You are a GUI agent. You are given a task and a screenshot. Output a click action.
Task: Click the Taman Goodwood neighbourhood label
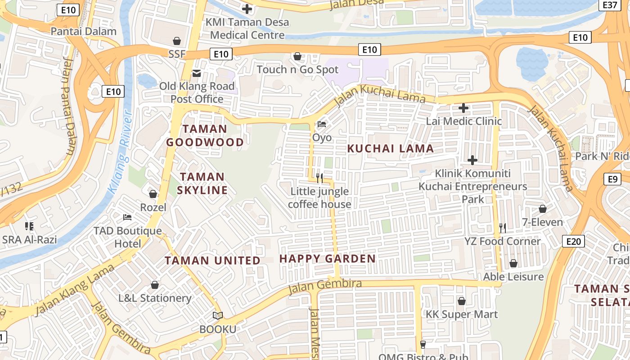[205, 136]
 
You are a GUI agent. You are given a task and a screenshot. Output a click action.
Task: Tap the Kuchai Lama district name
[391, 148]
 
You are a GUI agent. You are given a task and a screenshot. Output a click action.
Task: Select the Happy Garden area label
[328, 259]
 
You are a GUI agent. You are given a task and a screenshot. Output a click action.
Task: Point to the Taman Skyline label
[202, 183]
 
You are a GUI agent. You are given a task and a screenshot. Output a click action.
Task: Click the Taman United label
[212, 261]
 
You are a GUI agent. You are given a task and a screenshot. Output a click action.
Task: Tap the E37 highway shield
[610, 4]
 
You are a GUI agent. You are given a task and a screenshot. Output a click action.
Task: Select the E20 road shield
[573, 241]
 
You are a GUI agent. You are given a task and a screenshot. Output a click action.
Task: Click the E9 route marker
[613, 179]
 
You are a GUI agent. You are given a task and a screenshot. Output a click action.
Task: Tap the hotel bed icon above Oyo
[322, 124]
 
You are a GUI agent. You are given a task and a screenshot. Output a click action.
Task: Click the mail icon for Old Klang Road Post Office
[197, 73]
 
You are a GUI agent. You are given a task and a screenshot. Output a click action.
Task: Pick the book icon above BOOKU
[218, 316]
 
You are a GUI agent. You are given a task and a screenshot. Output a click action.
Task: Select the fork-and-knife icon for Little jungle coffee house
[319, 178]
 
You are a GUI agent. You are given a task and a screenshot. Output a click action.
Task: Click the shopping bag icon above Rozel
[153, 194]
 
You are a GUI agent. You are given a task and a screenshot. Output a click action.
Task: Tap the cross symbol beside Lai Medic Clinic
[463, 108]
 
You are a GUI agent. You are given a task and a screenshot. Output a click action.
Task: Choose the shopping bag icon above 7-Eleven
[543, 209]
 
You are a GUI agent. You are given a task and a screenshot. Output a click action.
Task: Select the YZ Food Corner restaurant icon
[503, 228]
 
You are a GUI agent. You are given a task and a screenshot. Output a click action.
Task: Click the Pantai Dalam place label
[83, 31]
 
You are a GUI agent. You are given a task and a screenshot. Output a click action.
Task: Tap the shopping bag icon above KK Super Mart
[462, 301]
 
